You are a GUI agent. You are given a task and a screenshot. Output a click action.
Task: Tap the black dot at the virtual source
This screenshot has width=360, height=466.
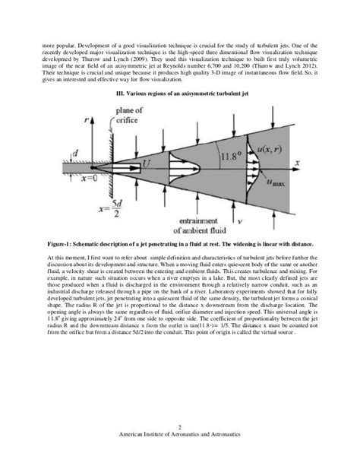(x=93, y=163)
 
